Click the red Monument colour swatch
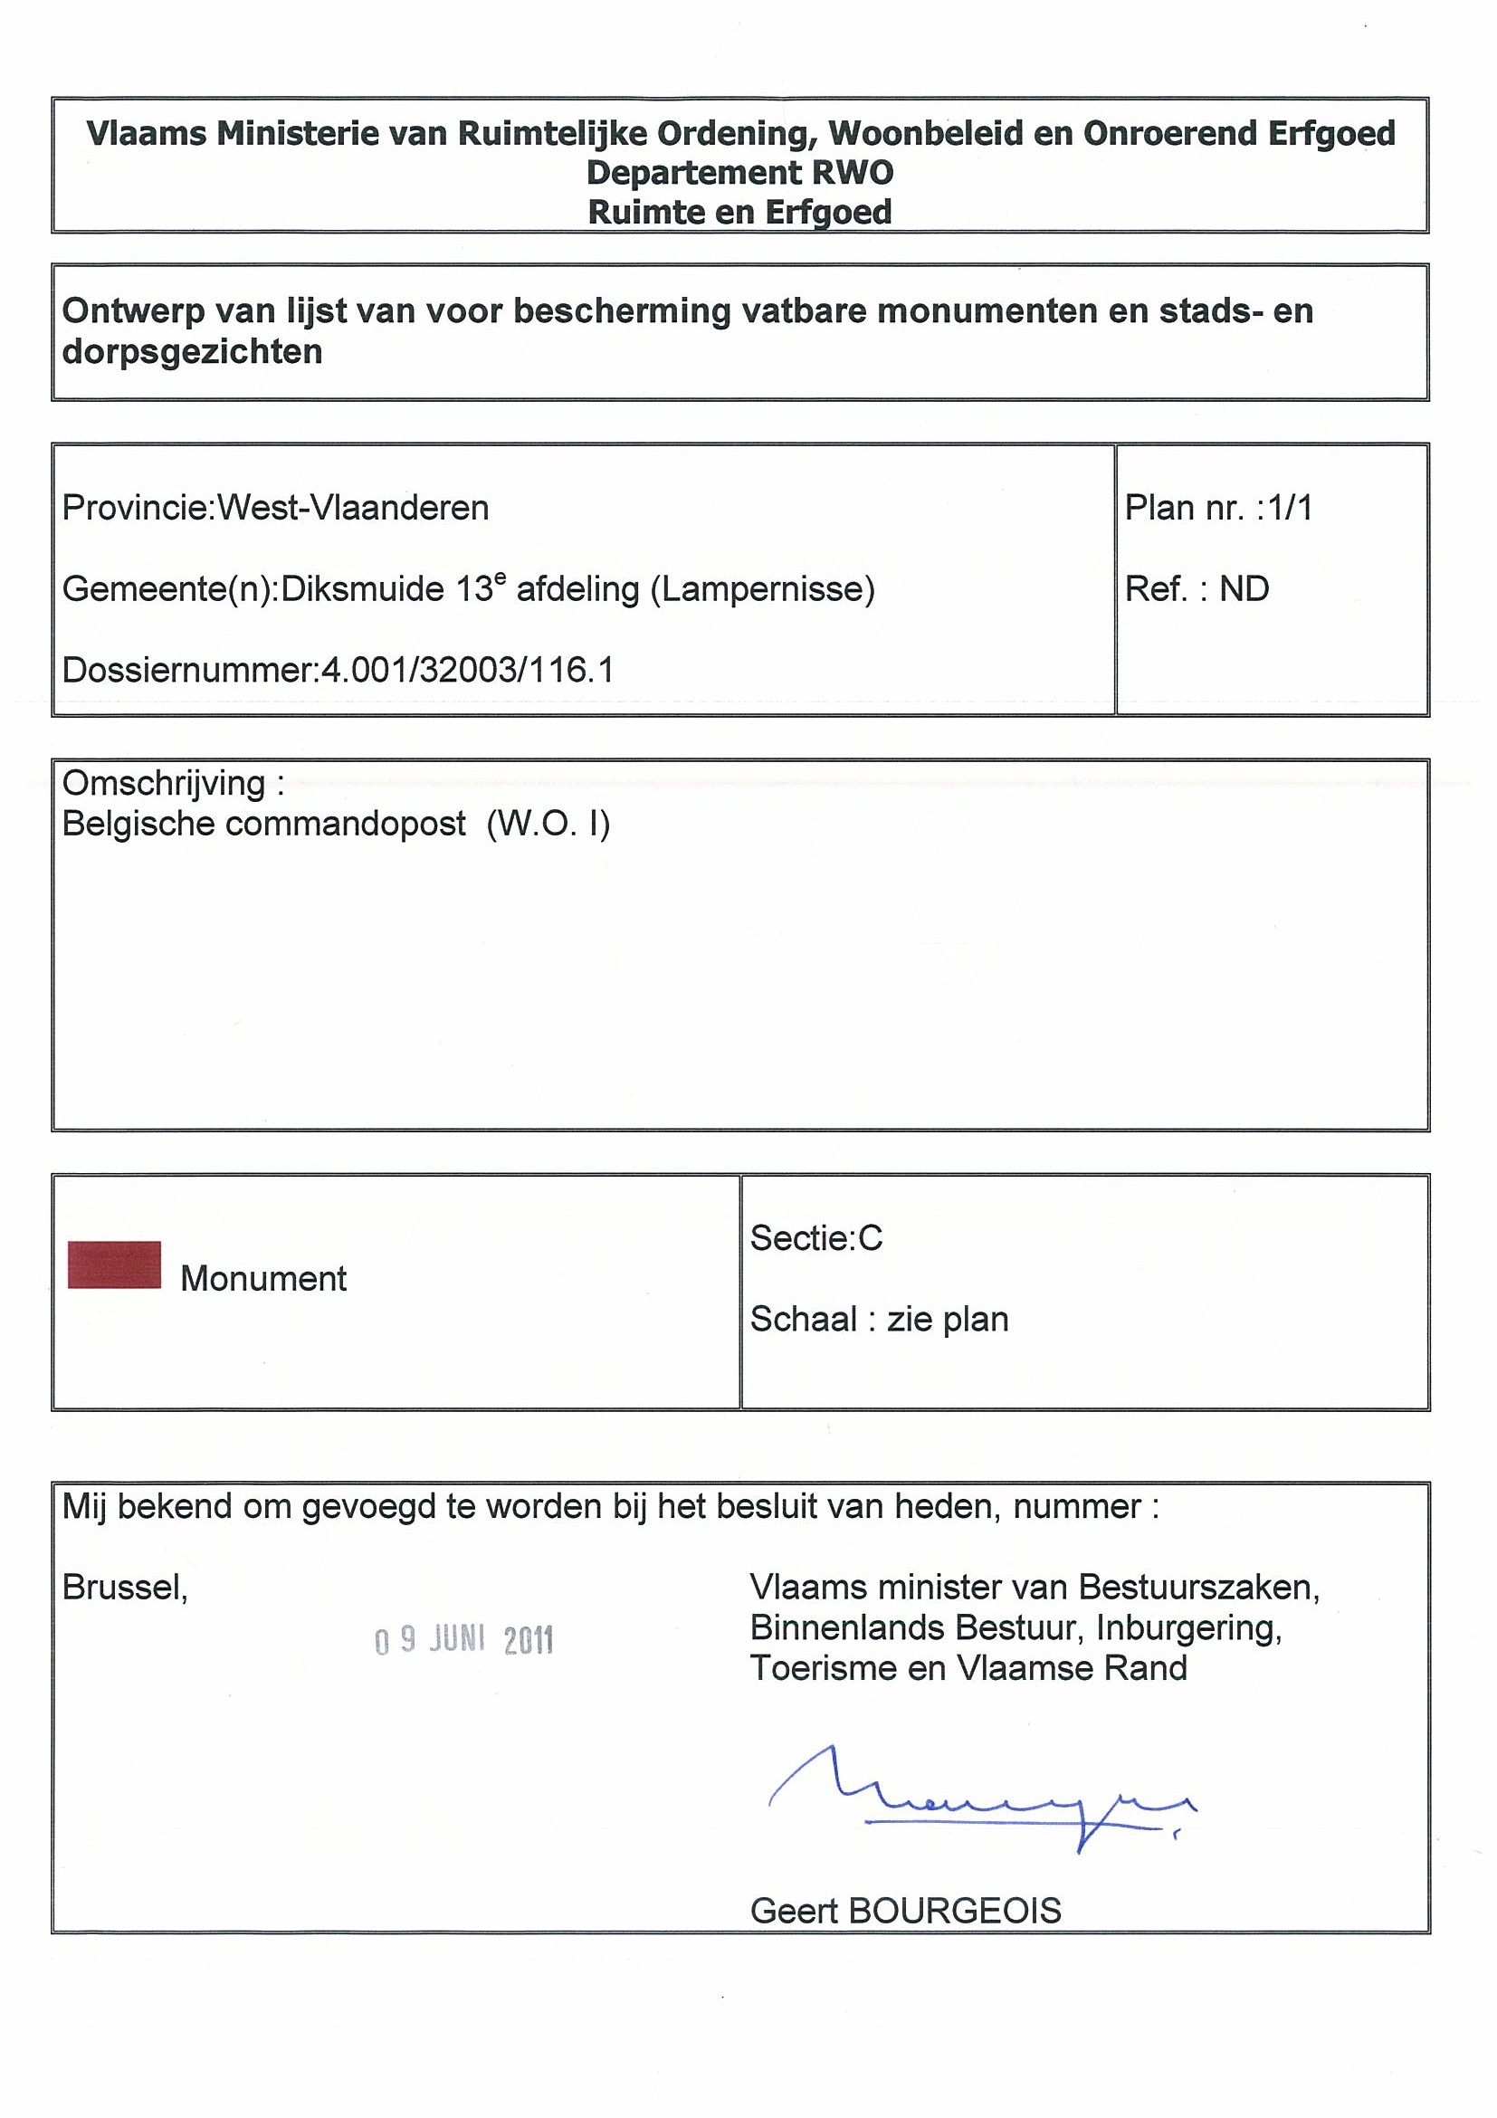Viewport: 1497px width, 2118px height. click(x=114, y=1264)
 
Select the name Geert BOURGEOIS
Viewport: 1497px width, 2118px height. click(x=906, y=1911)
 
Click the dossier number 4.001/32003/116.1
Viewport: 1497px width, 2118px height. click(x=467, y=670)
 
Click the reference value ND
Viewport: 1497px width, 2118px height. click(x=1244, y=589)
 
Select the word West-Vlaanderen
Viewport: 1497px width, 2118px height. click(x=352, y=509)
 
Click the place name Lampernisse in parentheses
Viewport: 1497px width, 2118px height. click(x=763, y=589)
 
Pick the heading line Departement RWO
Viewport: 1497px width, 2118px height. click(x=739, y=173)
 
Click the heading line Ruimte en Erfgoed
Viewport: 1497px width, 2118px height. click(x=739, y=212)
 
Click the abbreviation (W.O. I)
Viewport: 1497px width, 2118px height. click(x=548, y=824)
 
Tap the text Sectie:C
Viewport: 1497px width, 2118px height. click(x=815, y=1238)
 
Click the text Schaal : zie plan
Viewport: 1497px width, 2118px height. click(x=879, y=1319)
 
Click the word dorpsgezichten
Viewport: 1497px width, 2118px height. click(x=192, y=351)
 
